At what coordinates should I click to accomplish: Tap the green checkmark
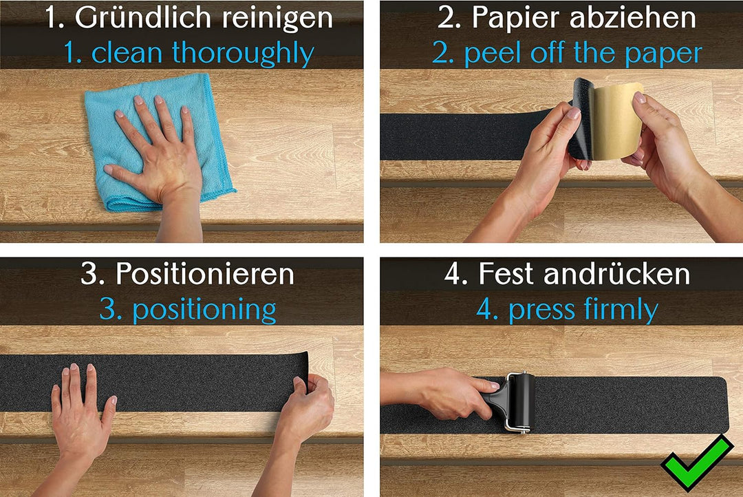pos(696,463)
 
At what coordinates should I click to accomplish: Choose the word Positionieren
pos(204,274)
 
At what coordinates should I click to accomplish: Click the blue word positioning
pos(204,310)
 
